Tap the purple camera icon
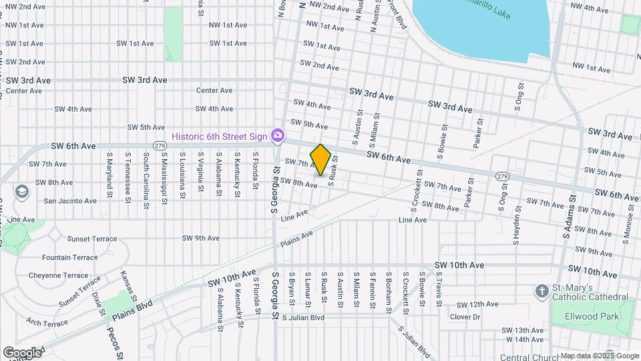point(277,136)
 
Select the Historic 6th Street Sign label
point(219,136)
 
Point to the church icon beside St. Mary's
point(542,291)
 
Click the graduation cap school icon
point(21,192)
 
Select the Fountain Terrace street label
point(69,257)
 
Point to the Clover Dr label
point(465,317)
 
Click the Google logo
point(22,352)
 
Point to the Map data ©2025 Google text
point(599,356)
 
